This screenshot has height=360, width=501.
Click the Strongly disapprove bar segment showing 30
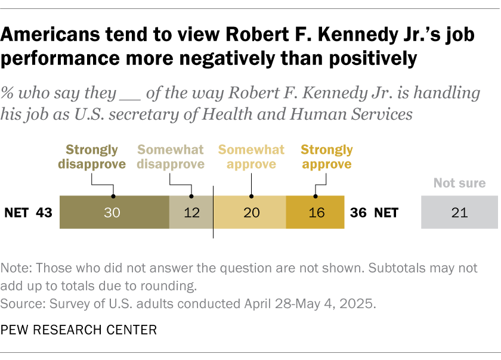pos(114,212)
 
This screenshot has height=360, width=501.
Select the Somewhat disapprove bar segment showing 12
pos(191,212)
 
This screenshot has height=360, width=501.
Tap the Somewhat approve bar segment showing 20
pos(250,212)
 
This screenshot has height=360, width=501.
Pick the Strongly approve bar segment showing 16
pos(316,212)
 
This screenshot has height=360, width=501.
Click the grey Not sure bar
pos(459,212)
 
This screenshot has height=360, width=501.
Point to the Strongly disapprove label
pos(92,157)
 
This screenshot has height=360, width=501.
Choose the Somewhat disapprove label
pos(171,157)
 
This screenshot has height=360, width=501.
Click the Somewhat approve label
pos(252,157)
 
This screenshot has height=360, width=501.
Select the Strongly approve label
pos(327,157)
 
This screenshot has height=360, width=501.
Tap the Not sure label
pos(459,184)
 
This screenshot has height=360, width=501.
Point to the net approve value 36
pos(358,213)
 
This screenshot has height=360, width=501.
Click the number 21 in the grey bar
pos(459,213)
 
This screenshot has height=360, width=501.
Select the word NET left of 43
pos(17,213)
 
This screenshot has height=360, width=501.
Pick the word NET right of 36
pos(386,213)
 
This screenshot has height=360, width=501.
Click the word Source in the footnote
pos(20,303)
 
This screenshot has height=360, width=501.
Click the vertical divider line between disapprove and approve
pos(214,212)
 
